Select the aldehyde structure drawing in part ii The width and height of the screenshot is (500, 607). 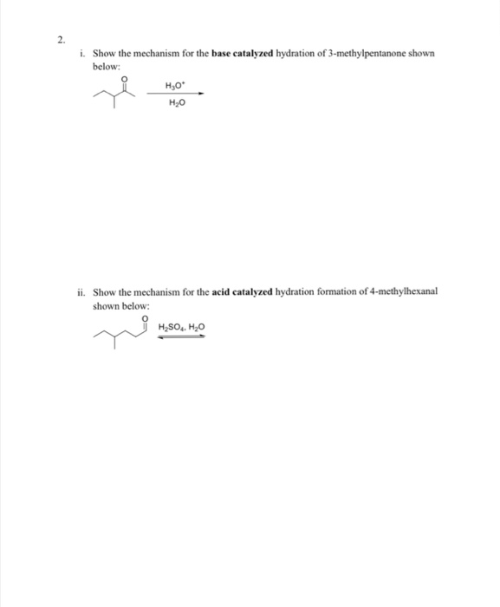tap(122, 333)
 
